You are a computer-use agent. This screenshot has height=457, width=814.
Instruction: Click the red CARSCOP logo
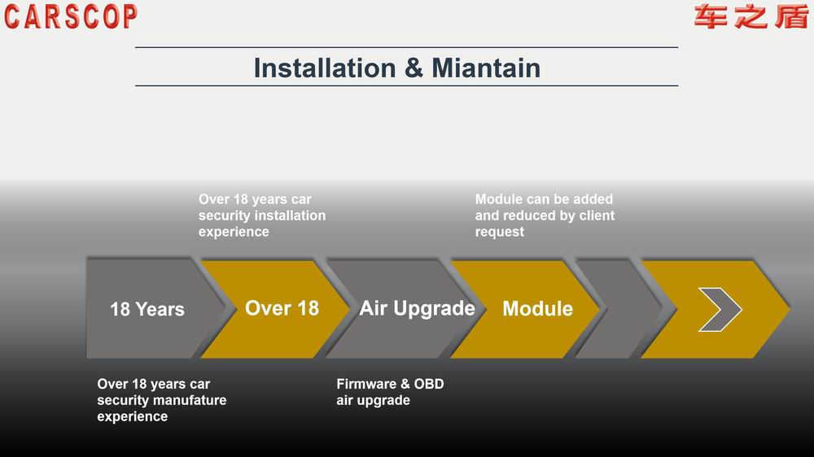pyautogui.click(x=71, y=16)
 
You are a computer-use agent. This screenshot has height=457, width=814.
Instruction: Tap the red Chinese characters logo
pyautogui.click(x=751, y=16)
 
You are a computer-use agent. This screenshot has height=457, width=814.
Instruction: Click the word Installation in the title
pyautogui.click(x=325, y=68)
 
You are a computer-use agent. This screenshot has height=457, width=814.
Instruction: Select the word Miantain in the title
pyautogui.click(x=486, y=68)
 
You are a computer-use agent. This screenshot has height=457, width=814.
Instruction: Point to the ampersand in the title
pyautogui.click(x=414, y=68)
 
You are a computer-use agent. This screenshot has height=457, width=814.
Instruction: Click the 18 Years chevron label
pyautogui.click(x=147, y=309)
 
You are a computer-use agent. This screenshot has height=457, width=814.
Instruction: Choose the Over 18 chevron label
pyautogui.click(x=282, y=308)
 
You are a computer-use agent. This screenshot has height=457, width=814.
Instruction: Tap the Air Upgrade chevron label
pyautogui.click(x=417, y=309)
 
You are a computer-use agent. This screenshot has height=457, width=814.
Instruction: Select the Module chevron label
pyautogui.click(x=538, y=309)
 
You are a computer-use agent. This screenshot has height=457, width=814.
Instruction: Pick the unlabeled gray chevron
pyautogui.click(x=618, y=309)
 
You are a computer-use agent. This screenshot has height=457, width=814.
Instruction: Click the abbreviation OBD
pyautogui.click(x=429, y=384)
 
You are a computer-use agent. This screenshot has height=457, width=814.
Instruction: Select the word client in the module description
pyautogui.click(x=597, y=215)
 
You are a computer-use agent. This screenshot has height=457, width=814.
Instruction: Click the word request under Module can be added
pyautogui.click(x=500, y=232)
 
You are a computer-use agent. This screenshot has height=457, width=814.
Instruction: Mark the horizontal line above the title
pyautogui.click(x=406, y=47)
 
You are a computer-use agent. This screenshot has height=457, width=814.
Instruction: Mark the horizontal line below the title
pyautogui.click(x=406, y=85)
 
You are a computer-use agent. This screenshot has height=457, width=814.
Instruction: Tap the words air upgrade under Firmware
pyautogui.click(x=374, y=400)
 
